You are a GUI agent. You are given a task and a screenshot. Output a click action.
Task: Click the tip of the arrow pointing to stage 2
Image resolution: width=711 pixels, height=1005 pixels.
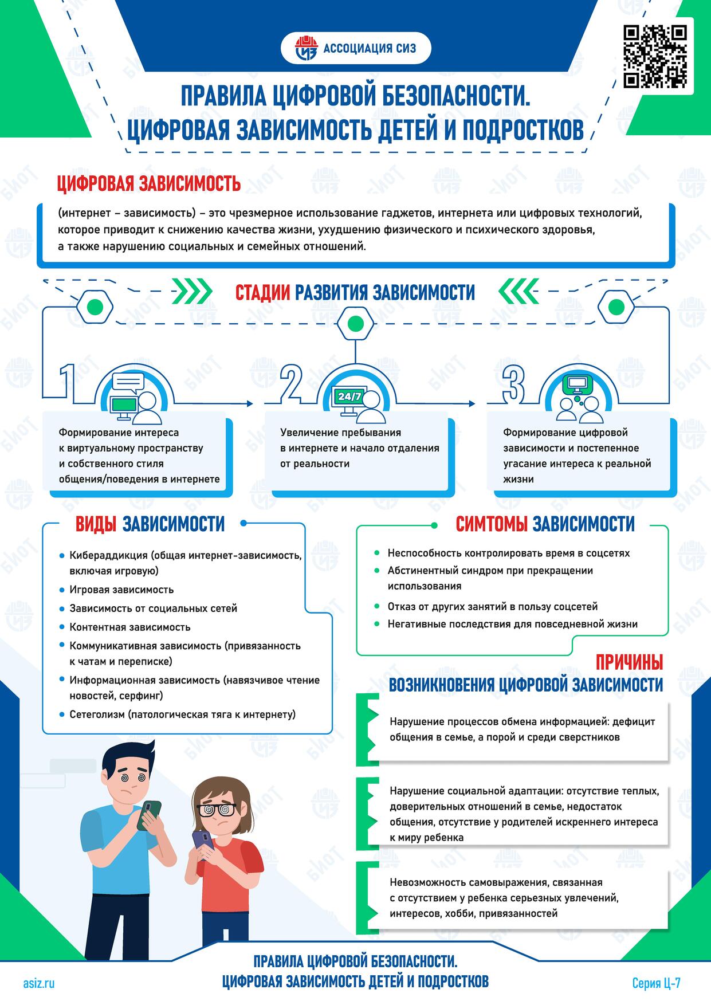point(253,403)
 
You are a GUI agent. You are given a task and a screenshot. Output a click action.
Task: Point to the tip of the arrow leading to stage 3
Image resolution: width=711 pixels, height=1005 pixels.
point(476,403)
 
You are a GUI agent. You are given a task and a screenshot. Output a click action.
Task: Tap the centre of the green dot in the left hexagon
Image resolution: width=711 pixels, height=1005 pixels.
point(95,308)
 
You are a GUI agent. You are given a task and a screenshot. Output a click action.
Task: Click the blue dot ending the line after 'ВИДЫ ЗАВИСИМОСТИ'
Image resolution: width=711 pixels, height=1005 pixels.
point(243,523)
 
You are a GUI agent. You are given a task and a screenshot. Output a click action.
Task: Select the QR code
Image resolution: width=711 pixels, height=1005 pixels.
point(655,56)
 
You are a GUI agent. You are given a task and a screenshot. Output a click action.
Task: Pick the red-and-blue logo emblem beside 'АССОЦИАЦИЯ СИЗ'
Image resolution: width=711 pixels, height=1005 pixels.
point(307,48)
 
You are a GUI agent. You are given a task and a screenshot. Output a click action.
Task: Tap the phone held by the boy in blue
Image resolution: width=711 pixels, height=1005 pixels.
point(150,814)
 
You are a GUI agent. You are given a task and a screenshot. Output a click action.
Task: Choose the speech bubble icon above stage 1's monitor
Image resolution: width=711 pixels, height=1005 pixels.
point(127,383)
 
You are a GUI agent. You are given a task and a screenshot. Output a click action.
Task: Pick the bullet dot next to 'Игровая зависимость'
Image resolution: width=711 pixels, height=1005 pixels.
point(62,589)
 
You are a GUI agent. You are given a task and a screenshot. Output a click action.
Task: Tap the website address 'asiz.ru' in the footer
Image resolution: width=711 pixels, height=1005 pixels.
point(39,984)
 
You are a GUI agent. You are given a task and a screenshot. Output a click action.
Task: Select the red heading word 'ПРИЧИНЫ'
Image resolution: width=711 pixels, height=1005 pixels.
point(629,663)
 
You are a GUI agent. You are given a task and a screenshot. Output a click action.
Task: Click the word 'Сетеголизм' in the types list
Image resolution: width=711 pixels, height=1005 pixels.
point(96,715)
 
